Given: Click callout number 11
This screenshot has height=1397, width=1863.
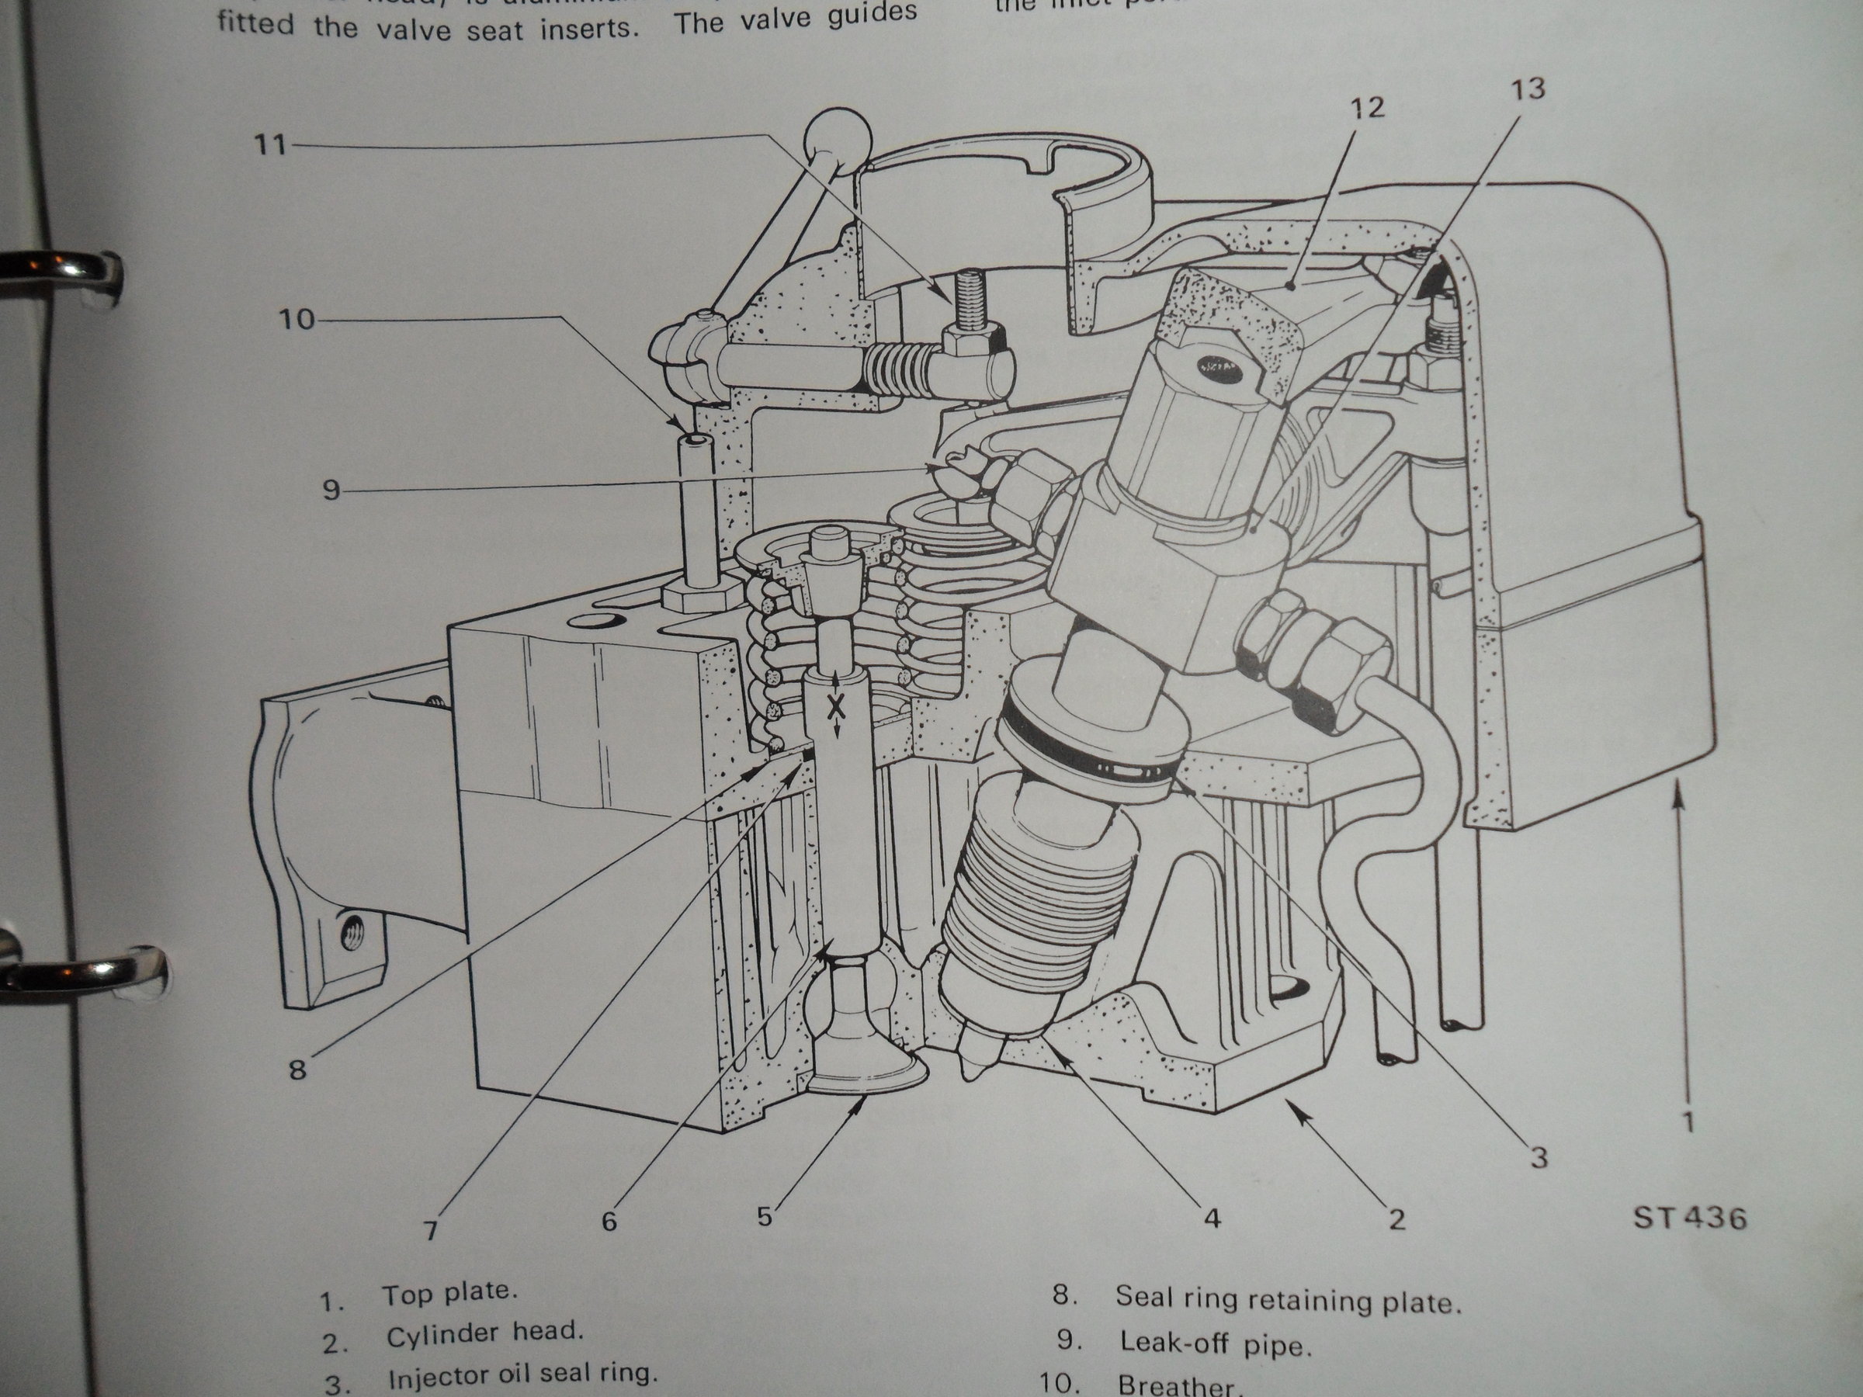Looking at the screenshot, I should point(271,146).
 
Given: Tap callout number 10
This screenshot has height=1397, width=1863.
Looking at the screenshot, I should point(296,320).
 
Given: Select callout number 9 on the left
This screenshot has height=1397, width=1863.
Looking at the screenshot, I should point(331,490).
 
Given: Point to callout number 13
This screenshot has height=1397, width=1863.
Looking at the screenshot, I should point(1528,89).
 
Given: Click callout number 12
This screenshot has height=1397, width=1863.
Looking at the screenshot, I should point(1366,108).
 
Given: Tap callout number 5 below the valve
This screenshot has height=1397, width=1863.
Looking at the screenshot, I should point(765,1216).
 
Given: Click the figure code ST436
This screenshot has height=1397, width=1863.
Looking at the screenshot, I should point(1689,1218).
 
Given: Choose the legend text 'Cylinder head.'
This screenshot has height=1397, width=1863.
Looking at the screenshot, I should point(484,1334).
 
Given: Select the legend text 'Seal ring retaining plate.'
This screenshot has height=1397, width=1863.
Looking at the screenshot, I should point(1288,1300).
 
